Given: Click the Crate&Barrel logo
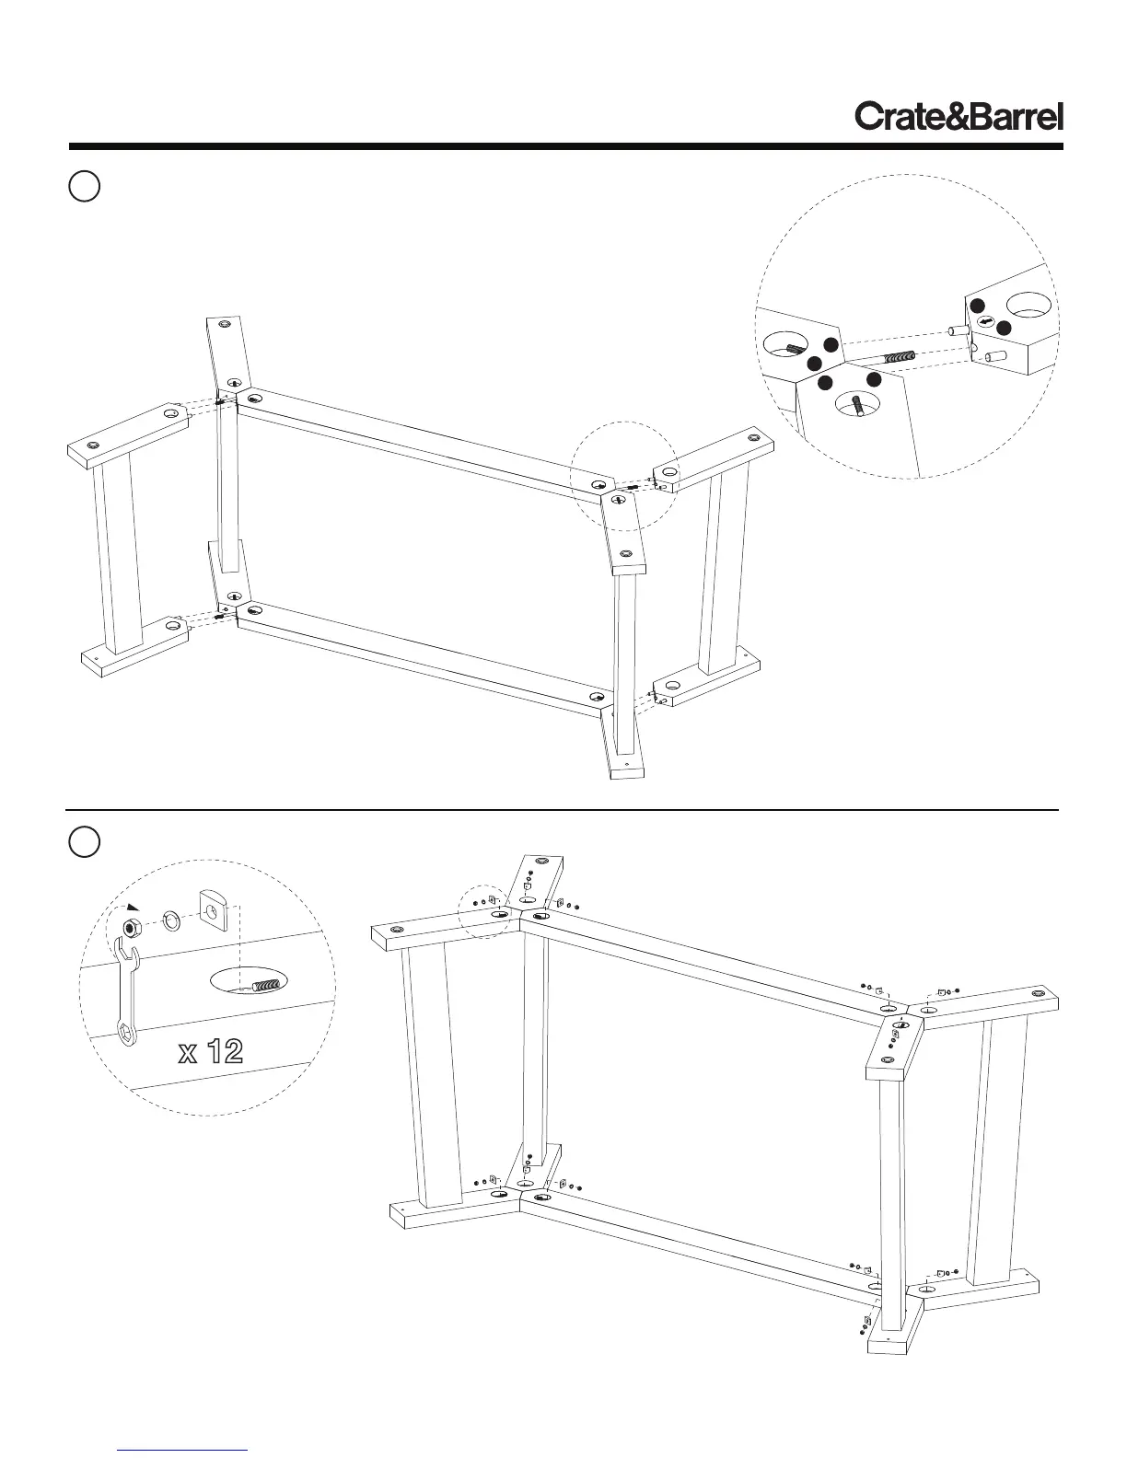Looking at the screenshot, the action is click(x=959, y=117).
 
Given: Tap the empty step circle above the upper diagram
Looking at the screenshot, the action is click(x=84, y=186).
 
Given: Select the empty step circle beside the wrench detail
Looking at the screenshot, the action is click(x=84, y=842).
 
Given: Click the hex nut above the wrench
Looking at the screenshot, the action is click(x=132, y=925).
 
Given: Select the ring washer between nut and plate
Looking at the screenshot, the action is click(x=171, y=920).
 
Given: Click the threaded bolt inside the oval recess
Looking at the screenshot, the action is click(x=264, y=985).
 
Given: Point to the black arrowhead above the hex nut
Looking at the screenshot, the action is click(x=134, y=906).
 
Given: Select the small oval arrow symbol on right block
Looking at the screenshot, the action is click(x=985, y=321).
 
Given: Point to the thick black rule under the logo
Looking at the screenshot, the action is click(x=565, y=146).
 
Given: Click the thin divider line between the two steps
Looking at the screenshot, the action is click(x=562, y=810).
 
